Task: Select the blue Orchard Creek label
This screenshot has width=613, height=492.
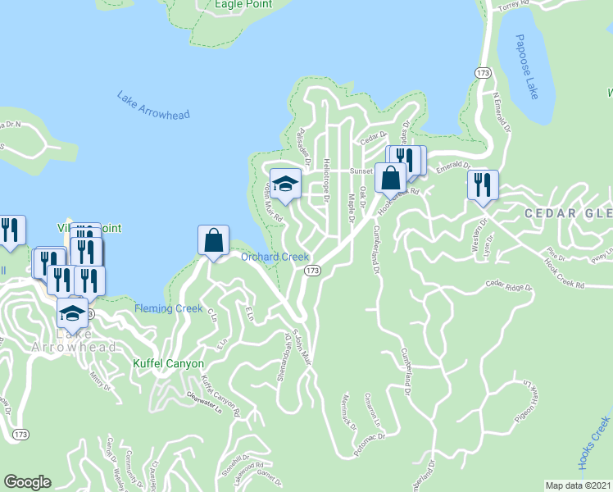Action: point(275,257)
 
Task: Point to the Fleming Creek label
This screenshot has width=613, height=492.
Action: point(168,308)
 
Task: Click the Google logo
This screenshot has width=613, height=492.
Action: point(28,482)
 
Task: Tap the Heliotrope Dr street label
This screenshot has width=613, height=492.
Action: point(326,181)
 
